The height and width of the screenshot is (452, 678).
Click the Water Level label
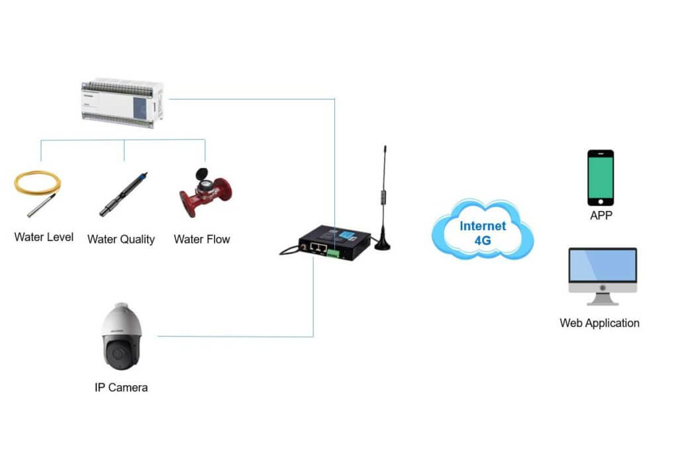[44, 237]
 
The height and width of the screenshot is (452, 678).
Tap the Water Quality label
[121, 240]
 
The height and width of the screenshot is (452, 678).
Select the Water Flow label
[202, 239]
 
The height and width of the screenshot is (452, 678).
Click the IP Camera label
[121, 388]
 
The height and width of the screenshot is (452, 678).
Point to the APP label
[600, 216]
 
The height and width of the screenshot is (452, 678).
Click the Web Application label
[600, 323]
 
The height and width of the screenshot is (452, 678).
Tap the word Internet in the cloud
[483, 226]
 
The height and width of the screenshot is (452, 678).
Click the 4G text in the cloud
[483, 241]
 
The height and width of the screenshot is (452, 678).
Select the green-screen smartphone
[601, 175]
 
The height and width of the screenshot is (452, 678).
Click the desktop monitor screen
[603, 266]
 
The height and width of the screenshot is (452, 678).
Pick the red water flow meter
[205, 193]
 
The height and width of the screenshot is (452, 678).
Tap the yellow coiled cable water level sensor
[37, 188]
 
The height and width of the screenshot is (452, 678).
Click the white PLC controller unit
[122, 103]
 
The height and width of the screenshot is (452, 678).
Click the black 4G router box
[334, 243]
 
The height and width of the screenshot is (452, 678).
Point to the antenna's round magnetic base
[383, 245]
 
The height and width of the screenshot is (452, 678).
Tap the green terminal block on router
[332, 252]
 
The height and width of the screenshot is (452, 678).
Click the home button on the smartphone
[601, 201]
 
